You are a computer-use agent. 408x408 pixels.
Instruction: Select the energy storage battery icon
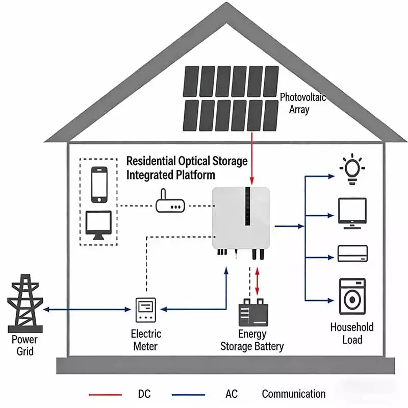point(253,313)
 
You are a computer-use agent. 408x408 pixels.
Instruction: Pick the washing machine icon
point(352,297)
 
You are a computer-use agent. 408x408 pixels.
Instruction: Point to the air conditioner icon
point(352,253)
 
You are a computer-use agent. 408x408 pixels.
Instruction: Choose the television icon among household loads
point(352,213)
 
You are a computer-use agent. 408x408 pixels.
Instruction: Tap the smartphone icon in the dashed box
point(99,184)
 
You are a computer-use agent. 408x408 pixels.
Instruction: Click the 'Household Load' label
point(352,334)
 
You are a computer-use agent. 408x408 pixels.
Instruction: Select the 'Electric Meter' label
point(146,340)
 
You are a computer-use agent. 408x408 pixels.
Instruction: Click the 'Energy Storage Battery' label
point(252,340)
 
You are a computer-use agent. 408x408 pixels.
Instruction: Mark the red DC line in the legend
point(105,394)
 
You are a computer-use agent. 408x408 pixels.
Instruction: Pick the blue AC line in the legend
point(188,394)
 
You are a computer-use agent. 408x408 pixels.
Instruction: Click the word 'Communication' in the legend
point(293,394)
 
